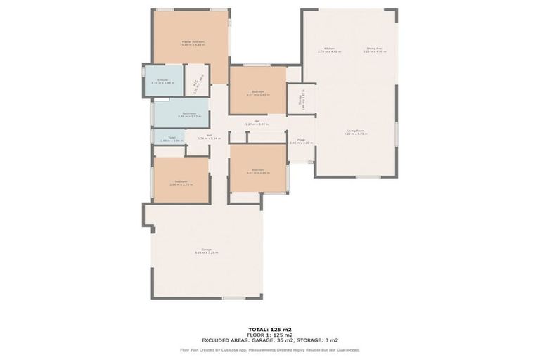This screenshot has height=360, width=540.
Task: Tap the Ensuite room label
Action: pyautogui.click(x=162, y=81)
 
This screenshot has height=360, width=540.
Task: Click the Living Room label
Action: pyautogui.click(x=356, y=131)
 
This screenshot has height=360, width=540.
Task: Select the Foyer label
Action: pyautogui.click(x=301, y=141)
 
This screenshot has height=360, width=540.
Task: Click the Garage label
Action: pyautogui.click(x=207, y=250)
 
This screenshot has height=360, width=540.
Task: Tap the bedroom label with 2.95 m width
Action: pyautogui.click(x=181, y=182)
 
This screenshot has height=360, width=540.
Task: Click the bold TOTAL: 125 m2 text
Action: pyautogui.click(x=269, y=328)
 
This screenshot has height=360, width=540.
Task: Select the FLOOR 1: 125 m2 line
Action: pyautogui.click(x=269, y=334)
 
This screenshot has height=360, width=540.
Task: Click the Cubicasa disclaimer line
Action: pyautogui.click(x=269, y=349)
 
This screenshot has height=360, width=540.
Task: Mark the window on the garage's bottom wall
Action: pyautogui.click(x=233, y=298)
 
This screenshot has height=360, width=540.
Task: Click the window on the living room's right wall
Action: pyautogui.click(x=397, y=134)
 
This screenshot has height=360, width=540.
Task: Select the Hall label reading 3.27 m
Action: pyautogui.click(x=257, y=122)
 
